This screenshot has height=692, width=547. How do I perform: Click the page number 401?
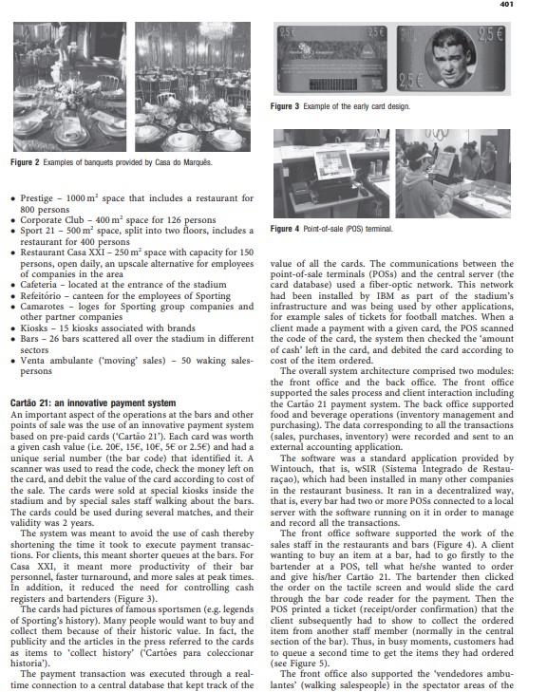point(506,4)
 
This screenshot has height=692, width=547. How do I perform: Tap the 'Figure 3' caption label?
point(285,106)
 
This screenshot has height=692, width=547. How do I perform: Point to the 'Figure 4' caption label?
point(285,229)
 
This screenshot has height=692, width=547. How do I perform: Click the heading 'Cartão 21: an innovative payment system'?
point(93,402)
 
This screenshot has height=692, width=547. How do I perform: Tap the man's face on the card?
point(450,59)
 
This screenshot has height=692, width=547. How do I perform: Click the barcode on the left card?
point(333,84)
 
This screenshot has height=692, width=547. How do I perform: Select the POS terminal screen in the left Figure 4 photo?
point(333,163)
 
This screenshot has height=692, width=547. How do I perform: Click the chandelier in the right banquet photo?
point(216,30)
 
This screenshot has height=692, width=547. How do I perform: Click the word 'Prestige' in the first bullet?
point(37,198)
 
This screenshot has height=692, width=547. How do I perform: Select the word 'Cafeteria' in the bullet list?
point(38,285)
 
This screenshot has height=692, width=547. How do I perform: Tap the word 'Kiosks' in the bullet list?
point(34,327)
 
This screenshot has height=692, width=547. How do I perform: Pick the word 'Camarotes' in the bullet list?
point(42,307)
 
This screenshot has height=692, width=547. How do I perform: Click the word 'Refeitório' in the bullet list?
point(39,295)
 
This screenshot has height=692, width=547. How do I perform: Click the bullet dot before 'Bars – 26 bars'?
point(13,340)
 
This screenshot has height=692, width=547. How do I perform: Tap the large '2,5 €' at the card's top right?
point(490,35)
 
